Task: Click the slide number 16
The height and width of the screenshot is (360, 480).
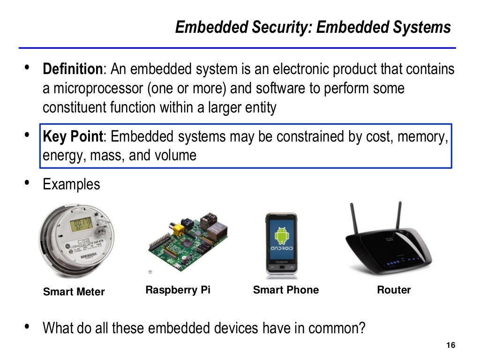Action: pos(451,345)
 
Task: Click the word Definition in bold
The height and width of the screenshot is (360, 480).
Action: pos(72,70)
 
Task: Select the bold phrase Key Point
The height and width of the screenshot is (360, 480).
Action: pos(72,137)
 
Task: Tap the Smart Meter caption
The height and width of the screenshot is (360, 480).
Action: pos(74,292)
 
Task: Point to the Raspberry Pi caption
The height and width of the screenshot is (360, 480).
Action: pos(178,290)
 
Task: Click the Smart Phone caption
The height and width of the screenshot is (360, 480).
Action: pos(285,290)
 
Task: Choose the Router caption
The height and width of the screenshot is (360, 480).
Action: pos(393,290)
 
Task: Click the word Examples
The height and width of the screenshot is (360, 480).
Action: pos(71,184)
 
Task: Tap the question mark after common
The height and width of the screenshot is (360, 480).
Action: pos(361,328)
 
